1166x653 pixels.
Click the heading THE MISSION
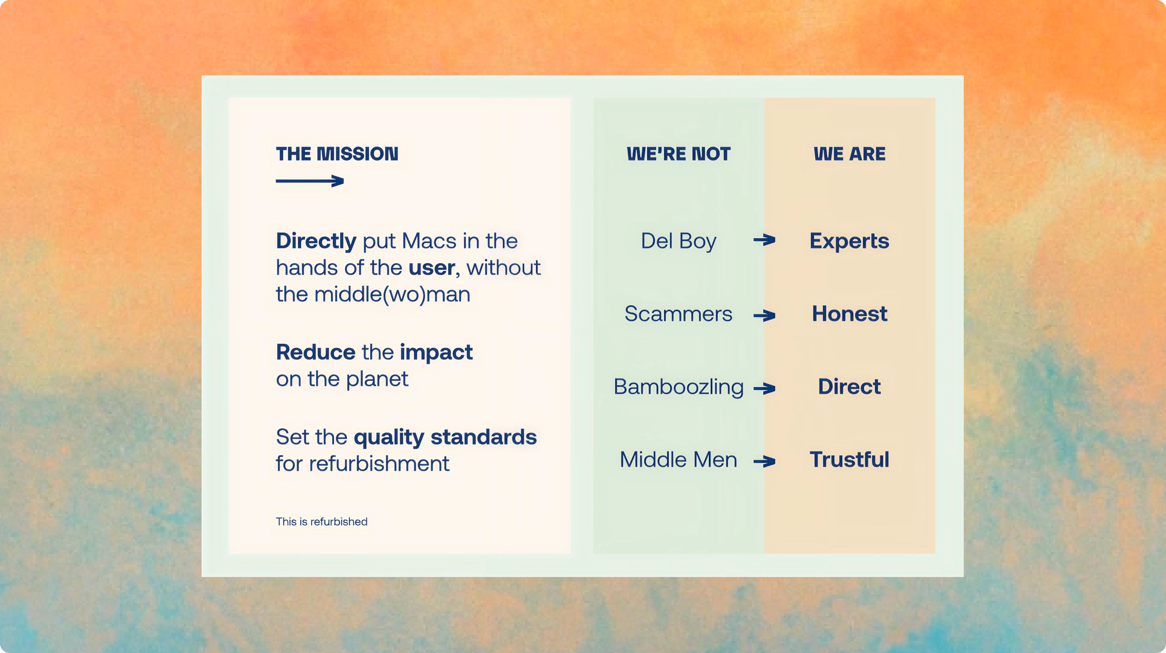click(337, 154)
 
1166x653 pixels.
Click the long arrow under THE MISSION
click(310, 181)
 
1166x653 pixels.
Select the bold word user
click(431, 268)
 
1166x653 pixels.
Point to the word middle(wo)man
click(392, 295)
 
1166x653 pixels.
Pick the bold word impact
click(436, 353)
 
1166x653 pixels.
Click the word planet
click(377, 380)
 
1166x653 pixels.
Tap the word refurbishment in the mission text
click(379, 464)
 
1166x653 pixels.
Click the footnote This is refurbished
click(322, 522)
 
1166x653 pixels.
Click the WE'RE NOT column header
click(679, 154)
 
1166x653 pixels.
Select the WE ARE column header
click(850, 154)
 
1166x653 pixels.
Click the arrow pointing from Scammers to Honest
click(765, 315)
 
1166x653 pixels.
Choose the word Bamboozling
click(679, 387)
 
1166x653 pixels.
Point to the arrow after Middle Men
click(765, 461)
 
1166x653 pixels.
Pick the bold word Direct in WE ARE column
click(850, 387)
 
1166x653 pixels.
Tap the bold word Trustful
click(850, 460)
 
